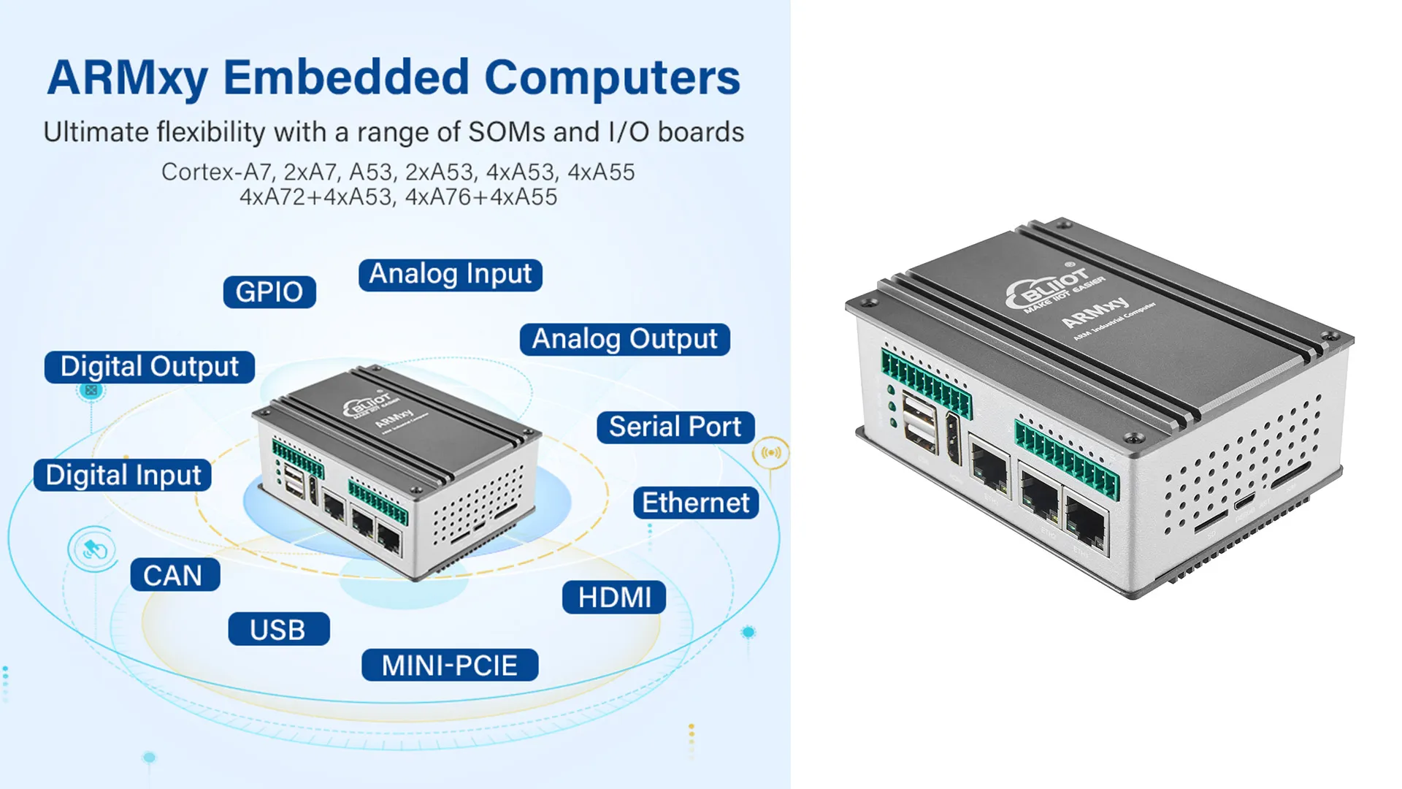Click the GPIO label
click(269, 292)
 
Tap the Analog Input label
click(450, 275)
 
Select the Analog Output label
click(624, 340)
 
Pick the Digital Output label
click(149, 367)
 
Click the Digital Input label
click(123, 476)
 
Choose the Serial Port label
click(675, 427)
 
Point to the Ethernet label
click(695, 503)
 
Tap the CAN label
click(175, 576)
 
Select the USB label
click(278, 630)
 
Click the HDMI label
click(614, 598)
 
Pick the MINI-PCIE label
click(450, 666)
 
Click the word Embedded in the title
click(346, 77)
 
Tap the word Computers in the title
click(612, 77)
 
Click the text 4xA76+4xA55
click(480, 197)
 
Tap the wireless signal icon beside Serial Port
click(771, 453)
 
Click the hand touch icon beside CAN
click(93, 549)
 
